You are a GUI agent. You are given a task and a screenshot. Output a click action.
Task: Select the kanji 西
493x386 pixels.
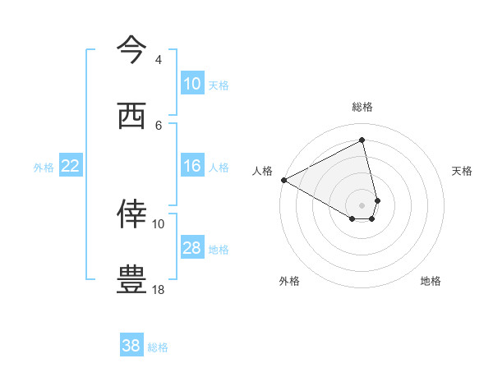pos(131,116)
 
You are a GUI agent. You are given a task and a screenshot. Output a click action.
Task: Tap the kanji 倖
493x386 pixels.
pos(131,214)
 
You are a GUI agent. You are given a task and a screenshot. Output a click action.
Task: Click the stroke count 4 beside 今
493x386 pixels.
pos(158,59)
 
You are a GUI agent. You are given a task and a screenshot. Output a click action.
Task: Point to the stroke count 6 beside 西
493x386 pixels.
pos(158,125)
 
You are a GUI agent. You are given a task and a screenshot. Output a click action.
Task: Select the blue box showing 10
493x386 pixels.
pos(192,84)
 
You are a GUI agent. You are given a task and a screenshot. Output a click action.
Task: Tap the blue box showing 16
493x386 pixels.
pos(192,166)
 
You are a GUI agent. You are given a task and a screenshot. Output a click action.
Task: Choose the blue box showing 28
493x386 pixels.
pos(192,248)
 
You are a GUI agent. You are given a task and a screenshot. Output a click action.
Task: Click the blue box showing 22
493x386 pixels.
pos(71,166)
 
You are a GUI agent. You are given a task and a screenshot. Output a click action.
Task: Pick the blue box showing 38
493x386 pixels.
pos(131,346)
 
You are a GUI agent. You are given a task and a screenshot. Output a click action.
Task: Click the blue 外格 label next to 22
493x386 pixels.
pos(44,167)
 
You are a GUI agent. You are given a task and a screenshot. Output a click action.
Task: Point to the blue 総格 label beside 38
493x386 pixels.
pos(158,347)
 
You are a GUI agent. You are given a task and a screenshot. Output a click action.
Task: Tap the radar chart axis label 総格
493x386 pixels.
pos(362,107)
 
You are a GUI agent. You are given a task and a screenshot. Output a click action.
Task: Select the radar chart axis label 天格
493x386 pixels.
pos(463,171)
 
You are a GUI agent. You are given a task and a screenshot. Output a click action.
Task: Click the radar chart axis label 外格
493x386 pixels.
pos(289,281)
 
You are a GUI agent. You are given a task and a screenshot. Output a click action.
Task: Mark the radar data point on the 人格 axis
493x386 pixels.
pos(283,180)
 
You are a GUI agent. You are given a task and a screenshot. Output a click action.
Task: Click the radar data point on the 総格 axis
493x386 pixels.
pos(362,140)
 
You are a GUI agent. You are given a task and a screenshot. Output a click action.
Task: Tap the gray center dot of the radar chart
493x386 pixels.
pos(362,204)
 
